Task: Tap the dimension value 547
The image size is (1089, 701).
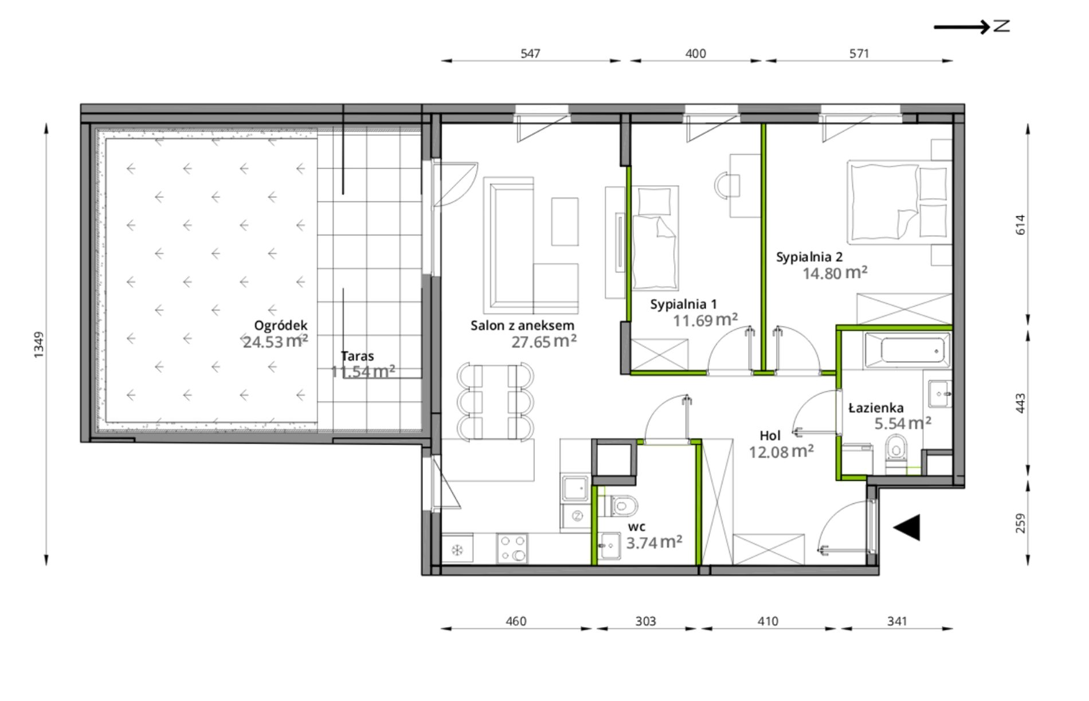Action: tap(530, 54)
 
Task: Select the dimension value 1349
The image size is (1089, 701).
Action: tap(39, 345)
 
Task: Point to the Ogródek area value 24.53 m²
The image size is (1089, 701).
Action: tap(275, 342)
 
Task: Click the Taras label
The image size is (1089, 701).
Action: tap(357, 356)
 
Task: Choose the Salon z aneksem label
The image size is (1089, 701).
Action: tap(522, 326)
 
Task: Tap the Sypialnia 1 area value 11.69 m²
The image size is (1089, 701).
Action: tap(705, 320)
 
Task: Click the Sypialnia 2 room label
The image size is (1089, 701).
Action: tap(809, 257)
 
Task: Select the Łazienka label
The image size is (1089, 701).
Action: tap(876, 408)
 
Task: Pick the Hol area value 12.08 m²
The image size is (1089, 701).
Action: tap(781, 452)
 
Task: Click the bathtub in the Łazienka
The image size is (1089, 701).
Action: tap(906, 348)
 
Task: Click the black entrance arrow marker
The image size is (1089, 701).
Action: tap(907, 527)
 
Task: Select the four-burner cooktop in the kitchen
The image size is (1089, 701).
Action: tap(512, 547)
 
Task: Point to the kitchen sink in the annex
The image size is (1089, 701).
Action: tap(574, 488)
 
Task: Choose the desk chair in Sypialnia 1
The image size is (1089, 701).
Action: tap(722, 185)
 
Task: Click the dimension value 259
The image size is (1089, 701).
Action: tap(1021, 523)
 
